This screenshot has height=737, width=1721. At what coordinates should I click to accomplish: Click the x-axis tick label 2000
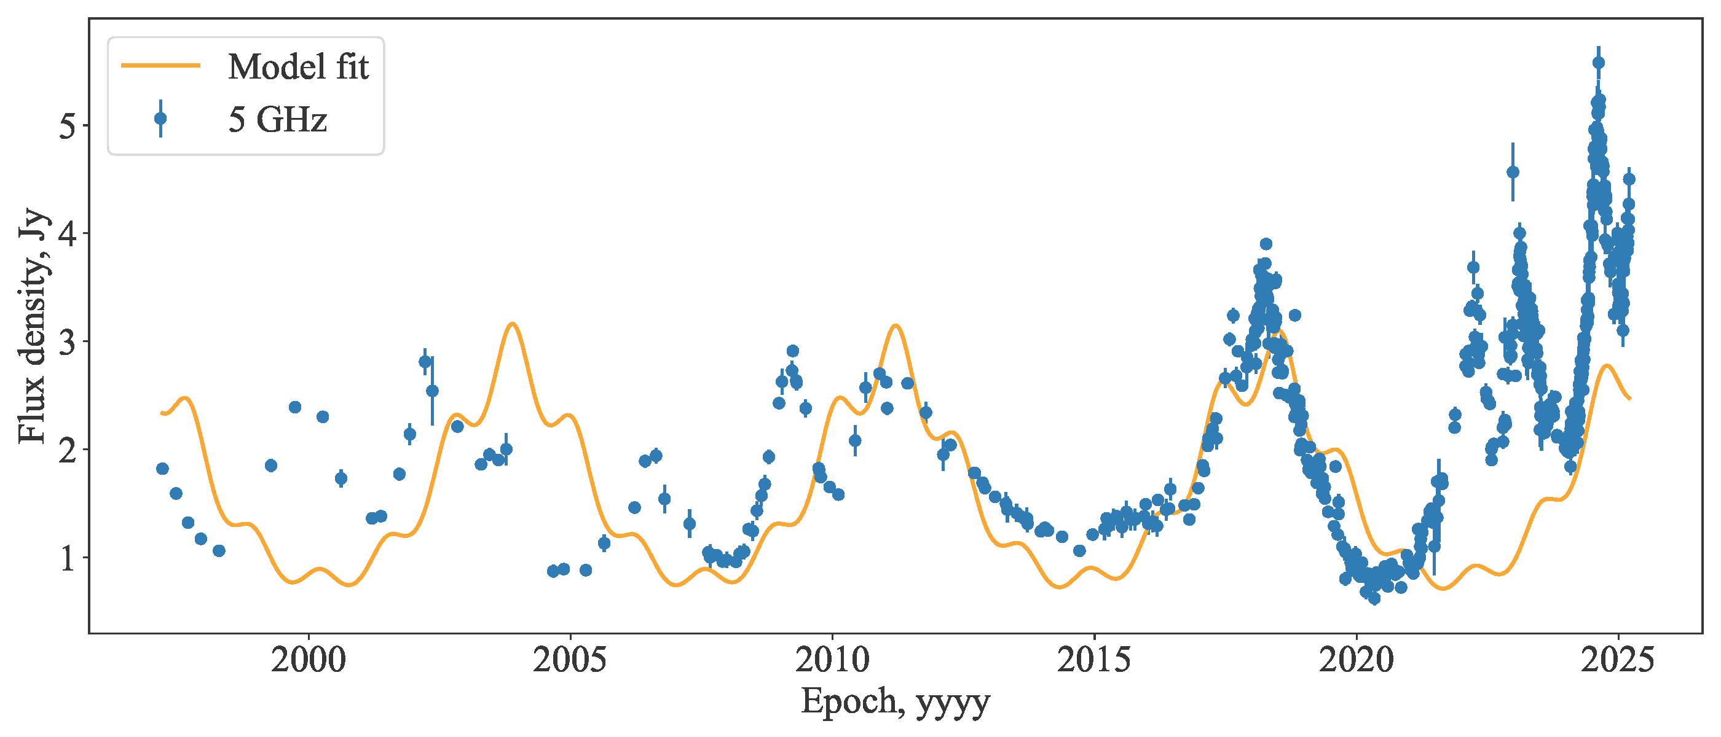(309, 660)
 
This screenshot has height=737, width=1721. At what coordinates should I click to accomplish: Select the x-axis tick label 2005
(570, 660)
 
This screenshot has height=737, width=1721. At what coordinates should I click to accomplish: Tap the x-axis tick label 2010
(832, 660)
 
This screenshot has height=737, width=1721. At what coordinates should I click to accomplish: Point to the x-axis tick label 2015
(1094, 660)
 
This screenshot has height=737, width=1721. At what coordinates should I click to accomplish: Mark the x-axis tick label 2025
(1618, 660)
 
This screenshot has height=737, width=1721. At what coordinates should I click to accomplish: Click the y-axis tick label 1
(68, 558)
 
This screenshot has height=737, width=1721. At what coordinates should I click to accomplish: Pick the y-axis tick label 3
(68, 342)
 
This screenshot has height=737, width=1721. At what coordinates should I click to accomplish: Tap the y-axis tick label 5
(68, 125)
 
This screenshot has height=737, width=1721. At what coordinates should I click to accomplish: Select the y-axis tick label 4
(68, 233)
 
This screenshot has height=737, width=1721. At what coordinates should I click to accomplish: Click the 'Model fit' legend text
(298, 67)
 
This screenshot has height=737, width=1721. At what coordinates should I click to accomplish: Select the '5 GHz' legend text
(278, 120)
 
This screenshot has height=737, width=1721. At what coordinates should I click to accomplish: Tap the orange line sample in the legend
(160, 66)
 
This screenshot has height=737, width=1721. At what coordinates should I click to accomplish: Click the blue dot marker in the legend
(160, 119)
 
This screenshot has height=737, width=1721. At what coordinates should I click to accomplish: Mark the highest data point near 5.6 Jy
(1599, 63)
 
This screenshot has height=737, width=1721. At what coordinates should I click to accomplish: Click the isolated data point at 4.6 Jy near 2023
(1513, 172)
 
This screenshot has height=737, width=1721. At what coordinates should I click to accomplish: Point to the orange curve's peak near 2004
(513, 324)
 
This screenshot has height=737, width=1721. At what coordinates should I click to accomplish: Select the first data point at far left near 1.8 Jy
(162, 469)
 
